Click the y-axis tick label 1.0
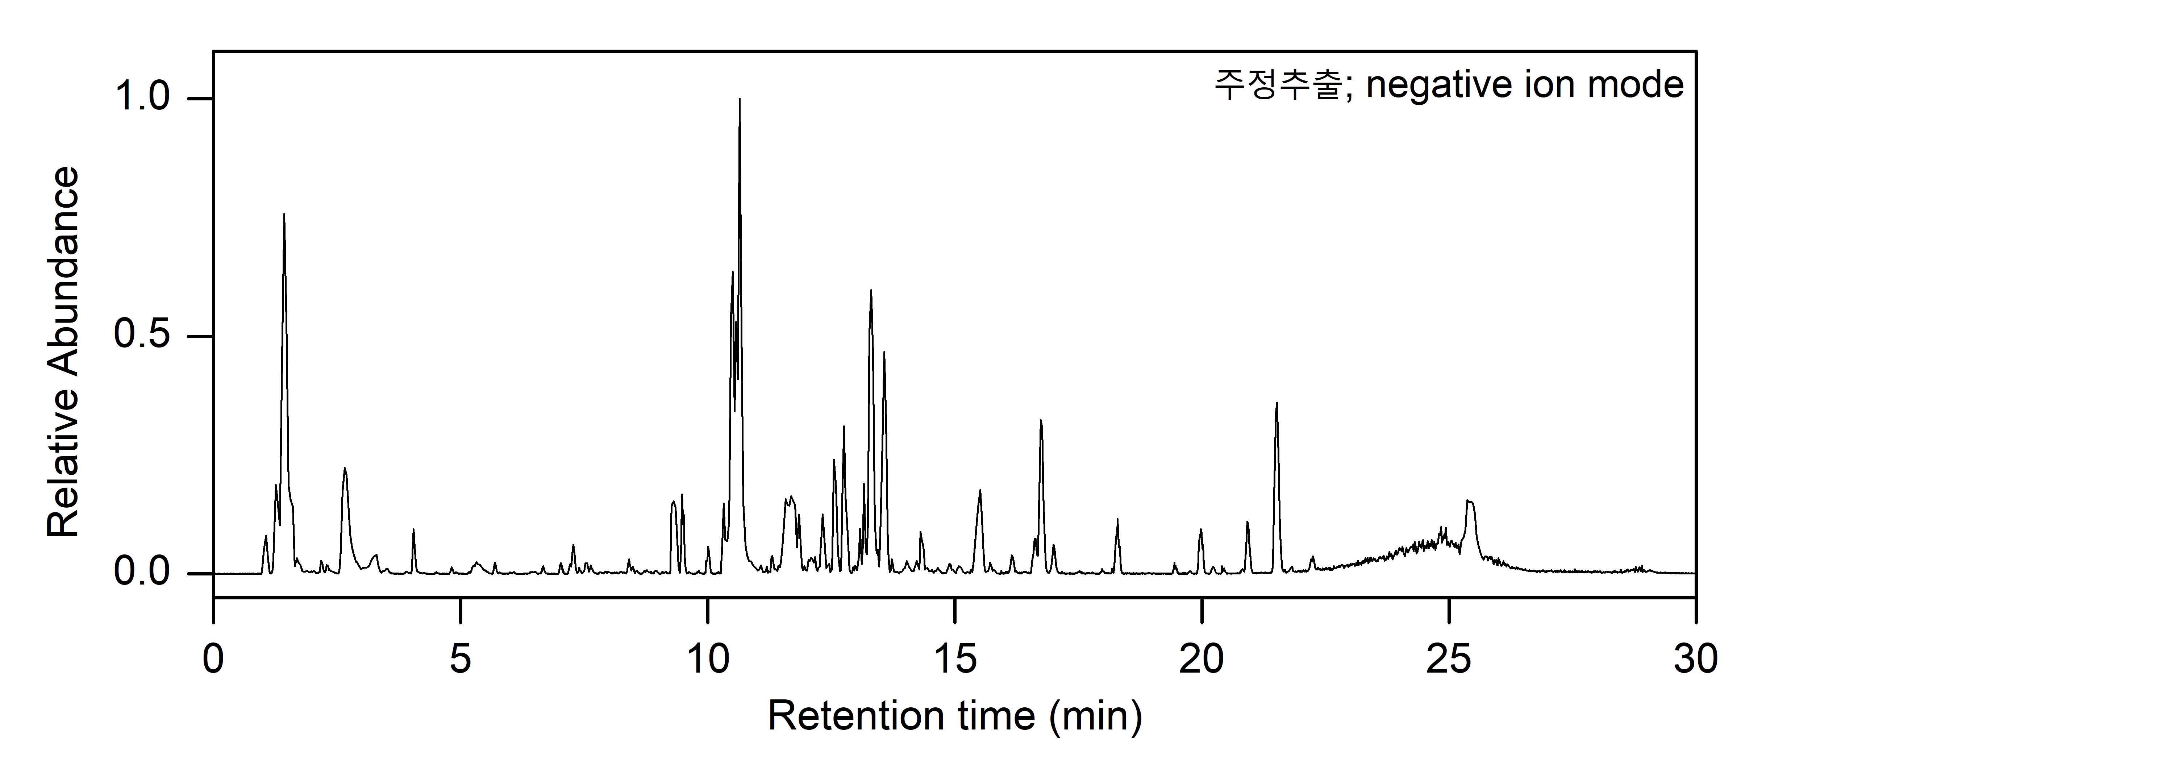tap(142, 98)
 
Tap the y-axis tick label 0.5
tap(142, 336)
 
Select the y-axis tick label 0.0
tap(142, 573)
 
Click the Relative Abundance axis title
tap(63, 353)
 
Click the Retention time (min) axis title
tap(954, 716)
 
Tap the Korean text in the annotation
tap(1277, 85)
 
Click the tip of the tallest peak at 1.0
tap(739, 100)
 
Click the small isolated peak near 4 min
tap(413, 530)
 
